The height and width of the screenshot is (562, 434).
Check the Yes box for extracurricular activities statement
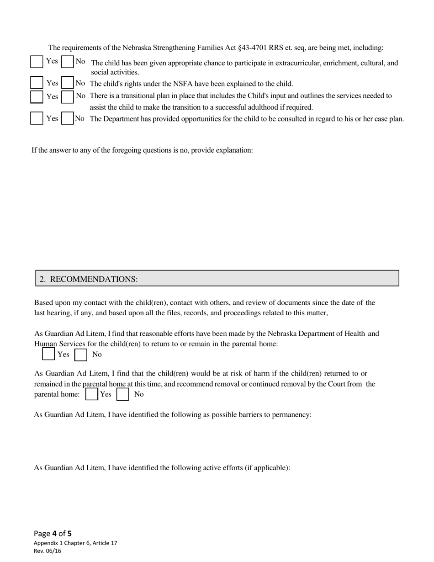pyautogui.click(x=37, y=62)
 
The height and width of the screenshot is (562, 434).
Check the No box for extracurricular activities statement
pyautogui.click(x=67, y=62)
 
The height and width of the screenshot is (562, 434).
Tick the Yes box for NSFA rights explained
pyautogui.click(x=37, y=83)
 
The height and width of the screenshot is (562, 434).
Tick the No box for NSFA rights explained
pyautogui.click(x=68, y=83)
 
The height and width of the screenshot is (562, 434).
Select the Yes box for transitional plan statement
pyautogui.click(x=37, y=96)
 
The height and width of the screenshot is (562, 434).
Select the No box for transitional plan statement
pyautogui.click(x=68, y=96)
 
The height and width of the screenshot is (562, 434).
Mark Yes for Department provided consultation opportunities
pyautogui.click(x=37, y=118)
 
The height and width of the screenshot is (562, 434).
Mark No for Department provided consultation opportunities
pyautogui.click(x=68, y=118)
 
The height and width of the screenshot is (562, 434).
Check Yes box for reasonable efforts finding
pyautogui.click(x=48, y=354)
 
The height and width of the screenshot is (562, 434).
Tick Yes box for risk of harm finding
pyautogui.click(x=92, y=394)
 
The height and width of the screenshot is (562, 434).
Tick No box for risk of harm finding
pyautogui.click(x=122, y=394)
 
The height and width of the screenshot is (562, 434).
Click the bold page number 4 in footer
pyautogui.click(x=54, y=533)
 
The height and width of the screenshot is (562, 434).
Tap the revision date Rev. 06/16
pyautogui.click(x=48, y=551)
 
